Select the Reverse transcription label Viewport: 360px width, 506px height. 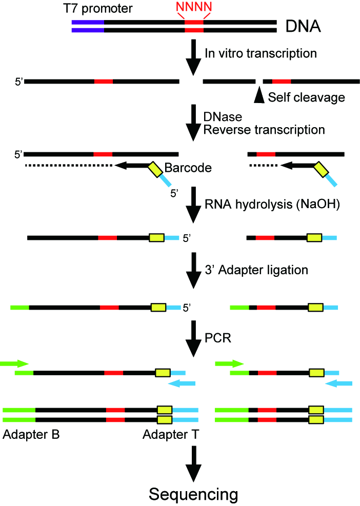[x=264, y=130]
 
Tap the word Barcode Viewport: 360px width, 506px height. [x=186, y=168]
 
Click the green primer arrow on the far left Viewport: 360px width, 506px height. [x=14, y=363]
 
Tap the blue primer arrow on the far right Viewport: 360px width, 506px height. [x=339, y=383]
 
